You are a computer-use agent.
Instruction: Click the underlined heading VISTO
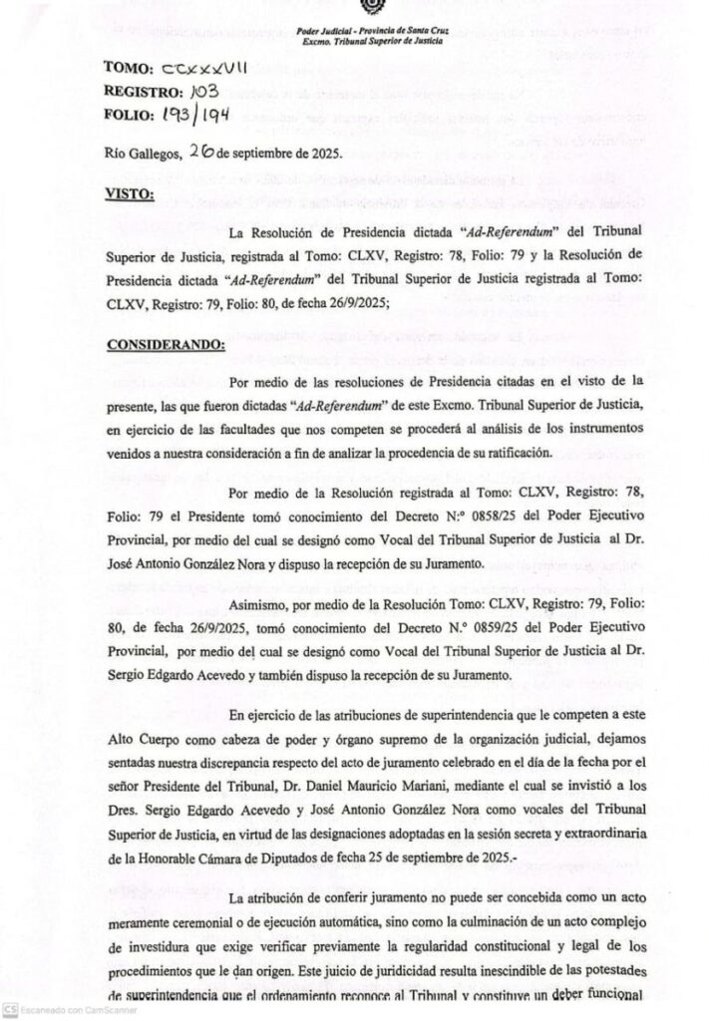point(129,192)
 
